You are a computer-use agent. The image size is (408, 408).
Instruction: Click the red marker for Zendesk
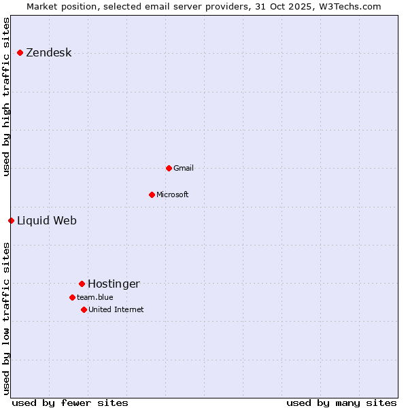tap(20, 53)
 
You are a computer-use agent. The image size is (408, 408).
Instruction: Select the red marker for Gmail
tap(169, 168)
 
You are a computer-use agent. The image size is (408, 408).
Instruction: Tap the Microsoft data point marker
tap(152, 194)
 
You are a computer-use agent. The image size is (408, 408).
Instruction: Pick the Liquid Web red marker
tap(11, 220)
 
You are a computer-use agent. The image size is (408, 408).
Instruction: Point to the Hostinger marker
tap(82, 284)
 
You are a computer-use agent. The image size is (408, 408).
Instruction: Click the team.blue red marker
tap(72, 297)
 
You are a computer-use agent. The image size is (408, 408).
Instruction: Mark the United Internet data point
tap(84, 309)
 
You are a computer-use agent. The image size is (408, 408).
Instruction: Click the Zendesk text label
tap(48, 53)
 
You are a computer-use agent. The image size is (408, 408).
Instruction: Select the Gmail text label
tap(184, 168)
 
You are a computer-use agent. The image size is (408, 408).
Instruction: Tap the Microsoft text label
tap(173, 194)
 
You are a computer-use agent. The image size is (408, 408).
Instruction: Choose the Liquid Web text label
tap(47, 220)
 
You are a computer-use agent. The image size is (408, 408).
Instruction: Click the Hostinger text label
tap(114, 284)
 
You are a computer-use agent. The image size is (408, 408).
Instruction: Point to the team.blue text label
tap(95, 297)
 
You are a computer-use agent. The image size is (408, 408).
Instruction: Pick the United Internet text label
tap(116, 309)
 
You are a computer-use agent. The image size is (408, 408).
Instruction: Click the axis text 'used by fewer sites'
tap(70, 403)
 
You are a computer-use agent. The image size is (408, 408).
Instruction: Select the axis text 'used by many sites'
tap(341, 403)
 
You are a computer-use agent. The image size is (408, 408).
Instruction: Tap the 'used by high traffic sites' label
tap(7, 97)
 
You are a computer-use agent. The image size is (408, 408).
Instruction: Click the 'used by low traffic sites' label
tap(7, 318)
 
